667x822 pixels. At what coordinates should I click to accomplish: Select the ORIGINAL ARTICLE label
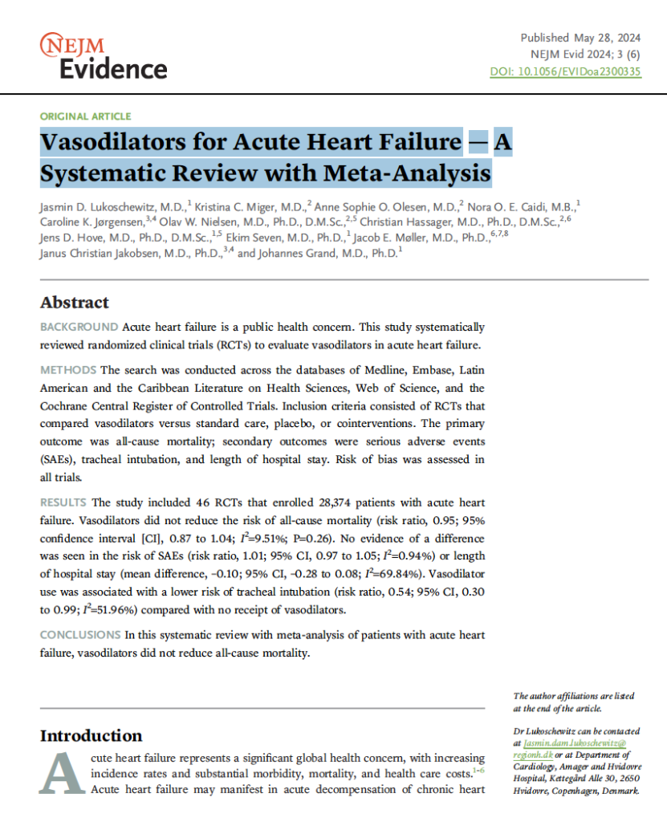(85, 116)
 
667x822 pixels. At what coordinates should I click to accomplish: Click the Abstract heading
(75, 303)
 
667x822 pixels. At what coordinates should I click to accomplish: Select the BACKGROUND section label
(79, 328)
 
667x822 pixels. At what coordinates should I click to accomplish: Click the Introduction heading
(92, 736)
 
